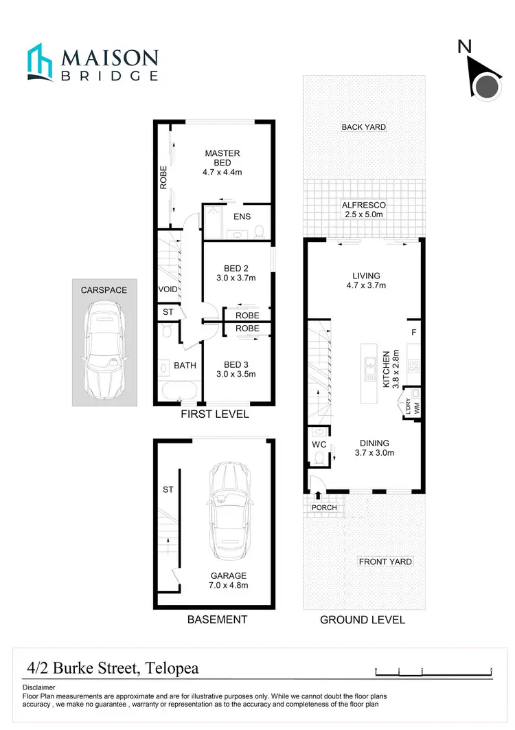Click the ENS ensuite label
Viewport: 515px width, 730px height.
[242, 217]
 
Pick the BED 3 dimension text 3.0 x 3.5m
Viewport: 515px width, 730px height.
[235, 375]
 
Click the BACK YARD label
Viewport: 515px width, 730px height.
[364, 127]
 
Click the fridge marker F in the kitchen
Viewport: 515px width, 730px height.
[413, 333]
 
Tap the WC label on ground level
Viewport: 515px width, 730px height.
[319, 445]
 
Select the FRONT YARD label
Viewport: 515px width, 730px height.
[386, 562]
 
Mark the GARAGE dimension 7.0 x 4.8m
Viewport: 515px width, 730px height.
[229, 586]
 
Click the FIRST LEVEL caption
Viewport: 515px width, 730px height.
[215, 414]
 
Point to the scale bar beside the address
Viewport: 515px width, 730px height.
[434, 670]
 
